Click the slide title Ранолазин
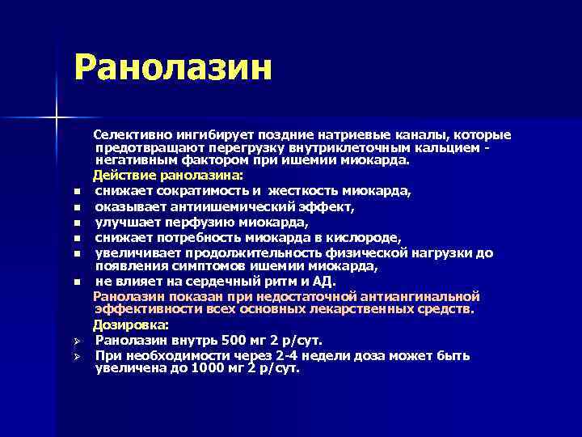click(172, 67)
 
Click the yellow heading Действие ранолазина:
click(167, 175)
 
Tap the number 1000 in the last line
click(209, 368)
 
